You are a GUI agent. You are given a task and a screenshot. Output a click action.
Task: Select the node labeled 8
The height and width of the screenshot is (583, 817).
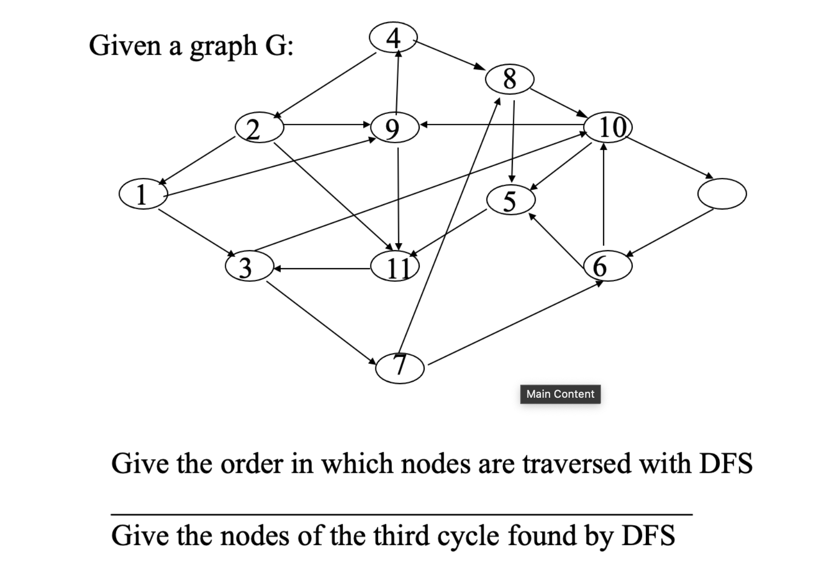point(510,78)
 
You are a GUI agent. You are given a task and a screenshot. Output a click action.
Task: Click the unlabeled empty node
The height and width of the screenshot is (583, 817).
point(722,194)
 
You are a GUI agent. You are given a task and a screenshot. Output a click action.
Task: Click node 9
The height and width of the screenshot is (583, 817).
point(395,127)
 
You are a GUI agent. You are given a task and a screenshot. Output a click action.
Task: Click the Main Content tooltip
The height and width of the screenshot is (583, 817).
point(560,394)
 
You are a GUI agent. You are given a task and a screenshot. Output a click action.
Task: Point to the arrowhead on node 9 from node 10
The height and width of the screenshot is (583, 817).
point(424,125)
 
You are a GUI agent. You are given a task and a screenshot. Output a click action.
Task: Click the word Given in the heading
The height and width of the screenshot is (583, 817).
point(125,46)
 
